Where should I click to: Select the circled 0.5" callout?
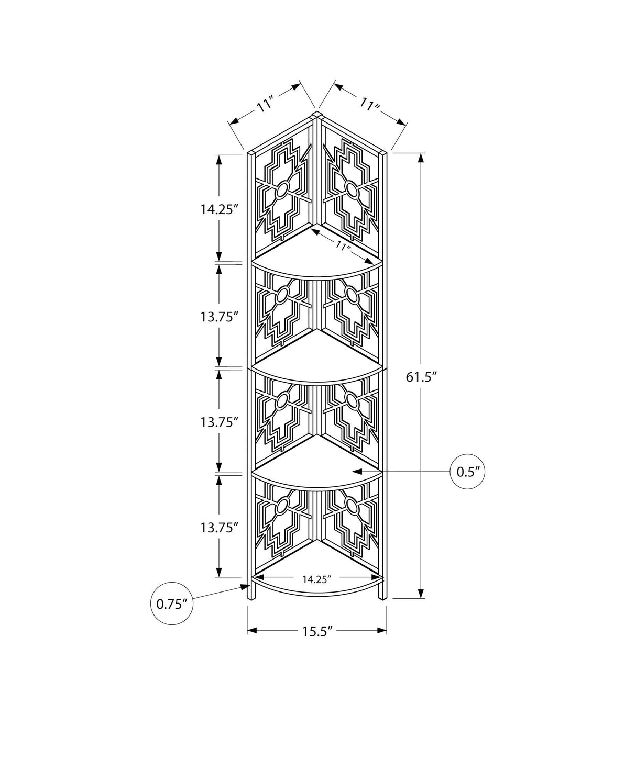[x=467, y=472]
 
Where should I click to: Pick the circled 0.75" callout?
[x=172, y=614]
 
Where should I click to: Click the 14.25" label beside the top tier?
[x=218, y=209]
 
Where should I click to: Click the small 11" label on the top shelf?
[x=343, y=245]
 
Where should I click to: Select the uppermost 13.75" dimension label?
[x=218, y=317]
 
